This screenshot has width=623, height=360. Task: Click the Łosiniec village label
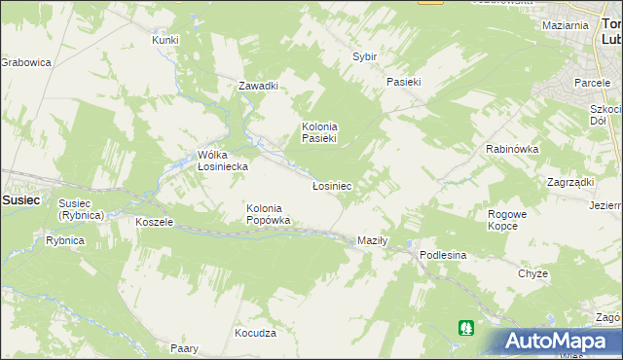click(x=331, y=185)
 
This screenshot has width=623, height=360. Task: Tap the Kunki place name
click(x=165, y=40)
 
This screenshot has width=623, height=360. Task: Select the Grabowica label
click(x=25, y=62)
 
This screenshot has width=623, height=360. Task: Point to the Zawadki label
click(x=259, y=86)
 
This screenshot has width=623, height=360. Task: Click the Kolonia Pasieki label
click(x=318, y=132)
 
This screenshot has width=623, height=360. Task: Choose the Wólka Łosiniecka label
click(x=223, y=161)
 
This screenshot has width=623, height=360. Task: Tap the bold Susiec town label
click(x=20, y=198)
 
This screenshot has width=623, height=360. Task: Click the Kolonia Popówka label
click(x=268, y=214)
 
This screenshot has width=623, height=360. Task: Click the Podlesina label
click(x=444, y=255)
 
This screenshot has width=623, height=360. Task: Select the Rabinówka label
click(x=512, y=149)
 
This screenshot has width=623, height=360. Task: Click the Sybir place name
click(x=364, y=57)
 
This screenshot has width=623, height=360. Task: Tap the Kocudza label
click(x=256, y=333)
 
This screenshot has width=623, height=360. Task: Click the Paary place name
click(x=185, y=348)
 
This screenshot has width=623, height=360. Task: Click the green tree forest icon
click(x=468, y=329)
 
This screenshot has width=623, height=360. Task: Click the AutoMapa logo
click(x=558, y=341)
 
